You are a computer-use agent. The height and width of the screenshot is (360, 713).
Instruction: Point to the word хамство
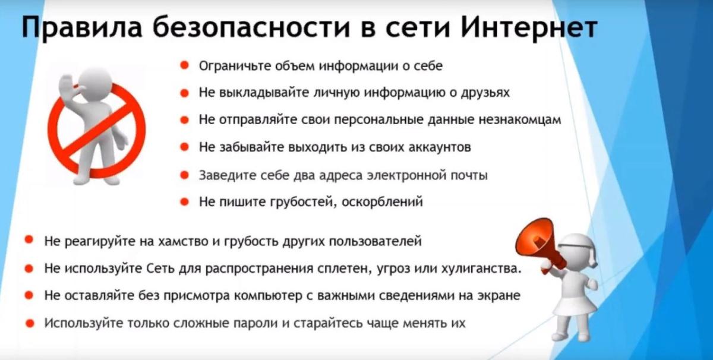[x=181, y=242]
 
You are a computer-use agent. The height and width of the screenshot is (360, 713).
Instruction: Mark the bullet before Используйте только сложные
[x=29, y=323]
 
